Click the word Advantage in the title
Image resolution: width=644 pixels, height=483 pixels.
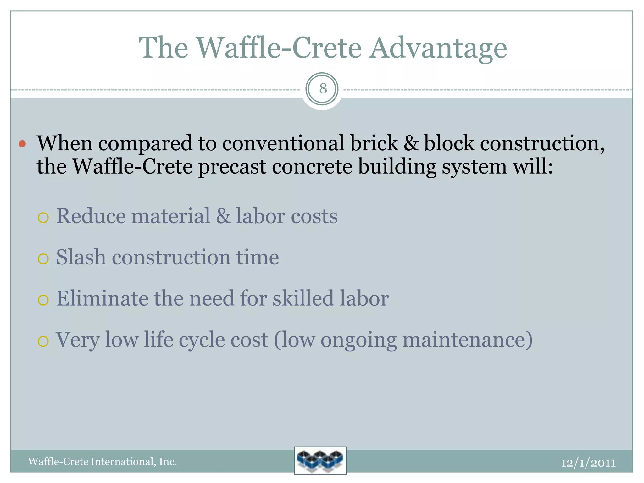click(438, 48)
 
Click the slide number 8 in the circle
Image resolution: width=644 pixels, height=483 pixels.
click(323, 89)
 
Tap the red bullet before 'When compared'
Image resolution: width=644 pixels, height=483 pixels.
click(22, 144)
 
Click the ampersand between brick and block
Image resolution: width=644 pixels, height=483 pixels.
click(410, 143)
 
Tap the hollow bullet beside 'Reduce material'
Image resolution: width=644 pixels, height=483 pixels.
click(43, 218)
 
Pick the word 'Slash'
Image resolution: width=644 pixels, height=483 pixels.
click(81, 257)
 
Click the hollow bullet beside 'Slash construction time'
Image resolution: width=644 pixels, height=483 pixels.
click(43, 259)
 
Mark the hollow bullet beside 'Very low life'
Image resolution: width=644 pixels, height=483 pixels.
click(43, 341)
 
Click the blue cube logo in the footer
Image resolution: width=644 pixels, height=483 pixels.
click(320, 460)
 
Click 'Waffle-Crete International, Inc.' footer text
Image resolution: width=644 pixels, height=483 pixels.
click(103, 462)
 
